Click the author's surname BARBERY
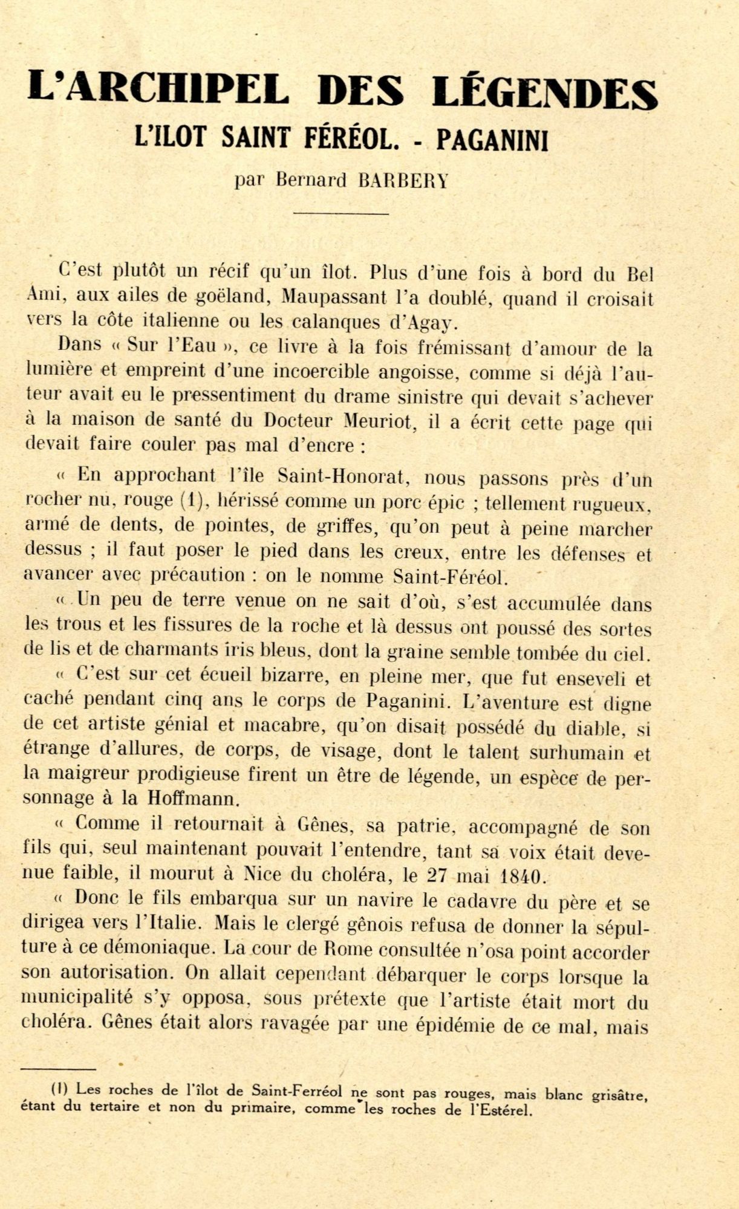point(403,181)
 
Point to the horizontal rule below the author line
point(340,213)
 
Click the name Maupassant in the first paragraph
point(334,297)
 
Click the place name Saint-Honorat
point(342,476)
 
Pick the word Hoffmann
point(194,799)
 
